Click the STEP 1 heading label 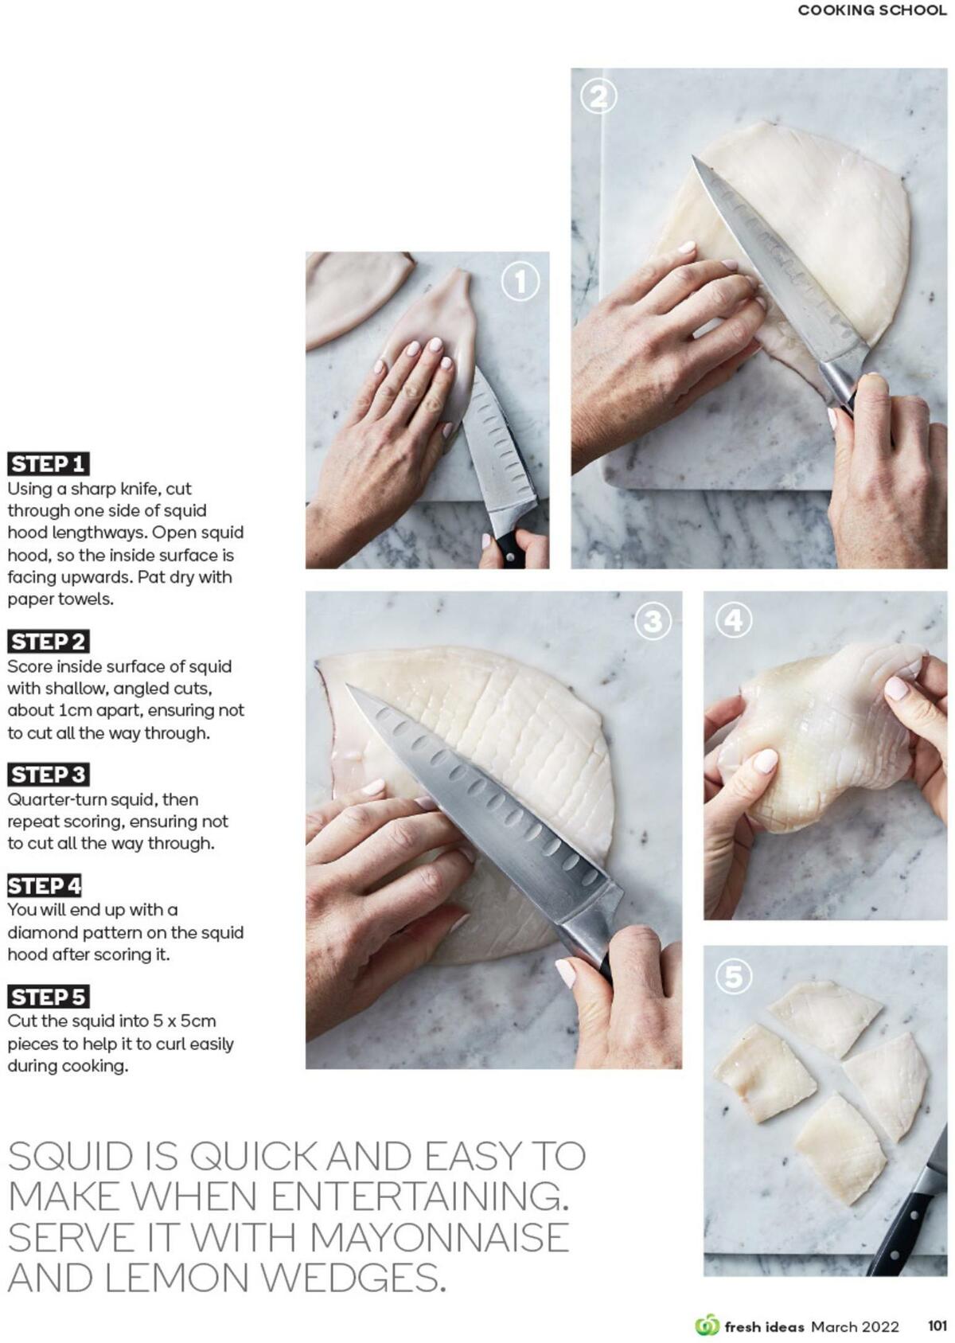(48, 463)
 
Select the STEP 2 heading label (48, 641)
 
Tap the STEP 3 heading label (48, 774)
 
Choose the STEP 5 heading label (48, 997)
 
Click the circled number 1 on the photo (520, 282)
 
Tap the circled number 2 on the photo (598, 97)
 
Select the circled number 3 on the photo (653, 621)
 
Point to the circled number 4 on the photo (734, 620)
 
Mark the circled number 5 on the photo (734, 977)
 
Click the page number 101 (937, 1325)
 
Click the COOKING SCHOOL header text (872, 10)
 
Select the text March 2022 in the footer (855, 1326)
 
